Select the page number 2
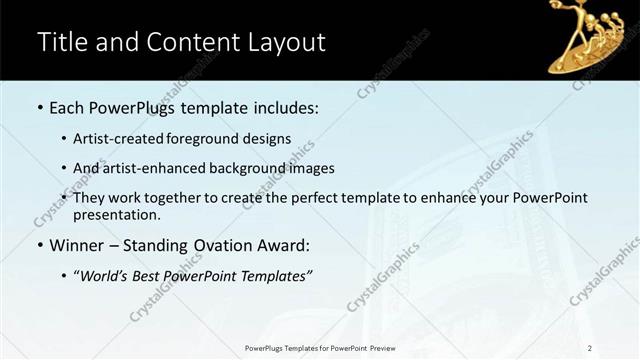(590, 347)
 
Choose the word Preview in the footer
(380, 347)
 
